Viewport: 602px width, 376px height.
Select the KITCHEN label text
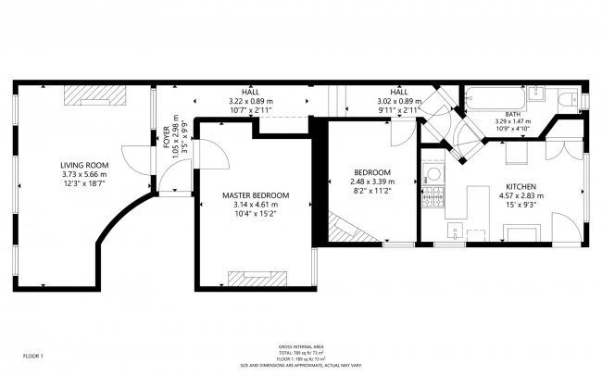[x=521, y=185]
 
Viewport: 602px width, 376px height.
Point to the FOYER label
[x=168, y=137]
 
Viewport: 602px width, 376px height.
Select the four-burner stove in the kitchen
[x=432, y=196]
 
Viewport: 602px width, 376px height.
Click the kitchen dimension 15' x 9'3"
[x=521, y=205]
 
